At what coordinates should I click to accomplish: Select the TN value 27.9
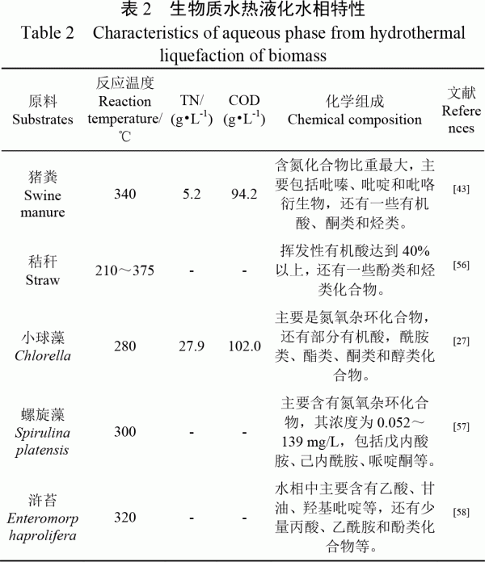point(192,346)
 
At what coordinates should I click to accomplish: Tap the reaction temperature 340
point(124,194)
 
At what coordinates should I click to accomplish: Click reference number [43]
point(462,189)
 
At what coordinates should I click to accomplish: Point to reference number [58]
point(462,511)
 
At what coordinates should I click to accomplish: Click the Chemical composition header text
point(355,120)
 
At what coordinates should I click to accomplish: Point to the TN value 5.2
point(192,194)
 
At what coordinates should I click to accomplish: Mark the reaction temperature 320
point(124,516)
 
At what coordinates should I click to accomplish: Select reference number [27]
point(462,342)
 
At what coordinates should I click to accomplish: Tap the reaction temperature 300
point(124,432)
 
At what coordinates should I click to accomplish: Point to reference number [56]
point(462,265)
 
